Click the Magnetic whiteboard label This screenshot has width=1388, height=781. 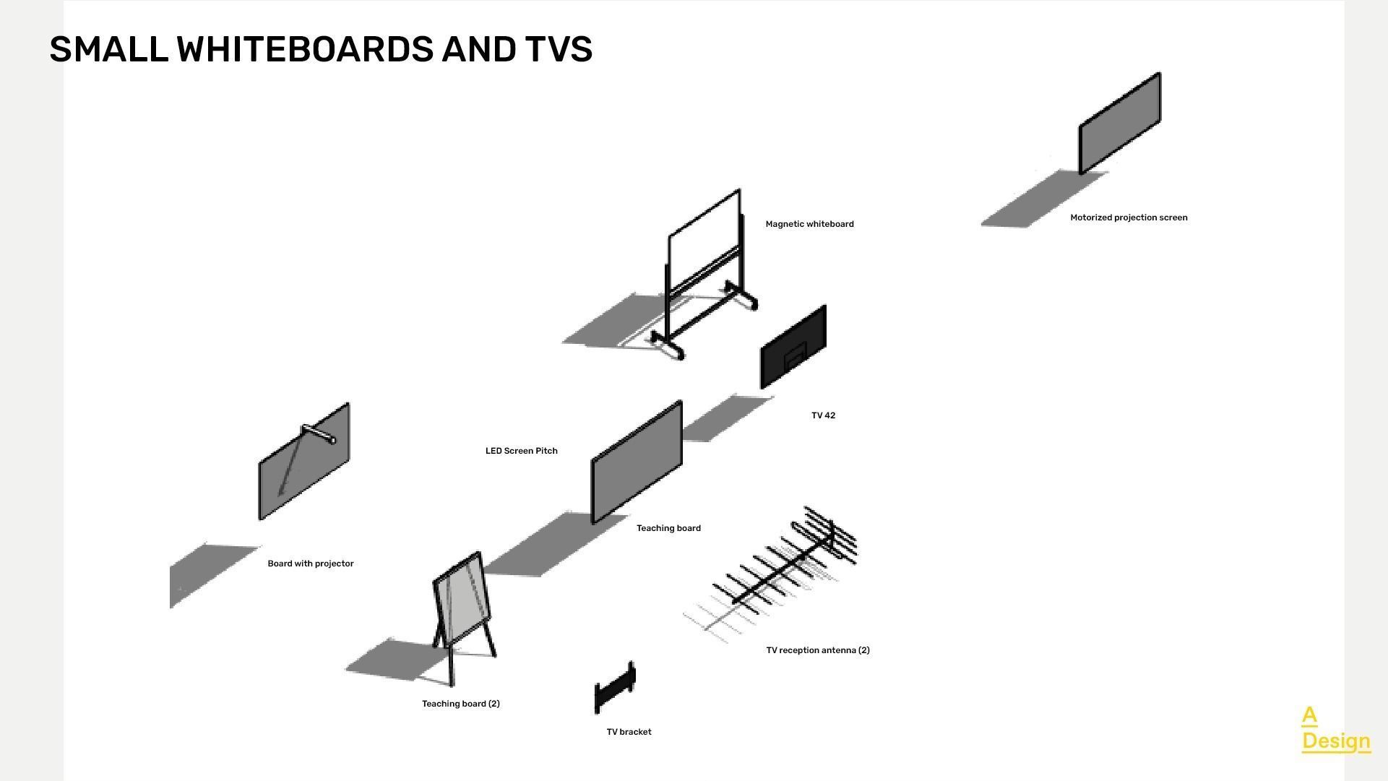click(809, 224)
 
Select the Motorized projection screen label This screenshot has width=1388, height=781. click(1128, 217)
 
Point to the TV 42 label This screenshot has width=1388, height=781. click(823, 415)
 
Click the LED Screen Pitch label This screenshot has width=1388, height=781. click(521, 451)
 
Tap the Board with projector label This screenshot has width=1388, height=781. click(310, 564)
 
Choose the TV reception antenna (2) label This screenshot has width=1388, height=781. click(817, 650)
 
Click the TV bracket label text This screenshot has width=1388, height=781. click(629, 732)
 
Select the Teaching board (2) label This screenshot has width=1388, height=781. click(460, 704)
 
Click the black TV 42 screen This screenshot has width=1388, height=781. click(793, 348)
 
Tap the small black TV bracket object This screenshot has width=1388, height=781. click(615, 687)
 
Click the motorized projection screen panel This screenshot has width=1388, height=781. click(1119, 124)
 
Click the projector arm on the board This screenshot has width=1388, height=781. click(319, 433)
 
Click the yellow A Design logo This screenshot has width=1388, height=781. click(1335, 729)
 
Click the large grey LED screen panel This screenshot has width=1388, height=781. click(636, 462)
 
